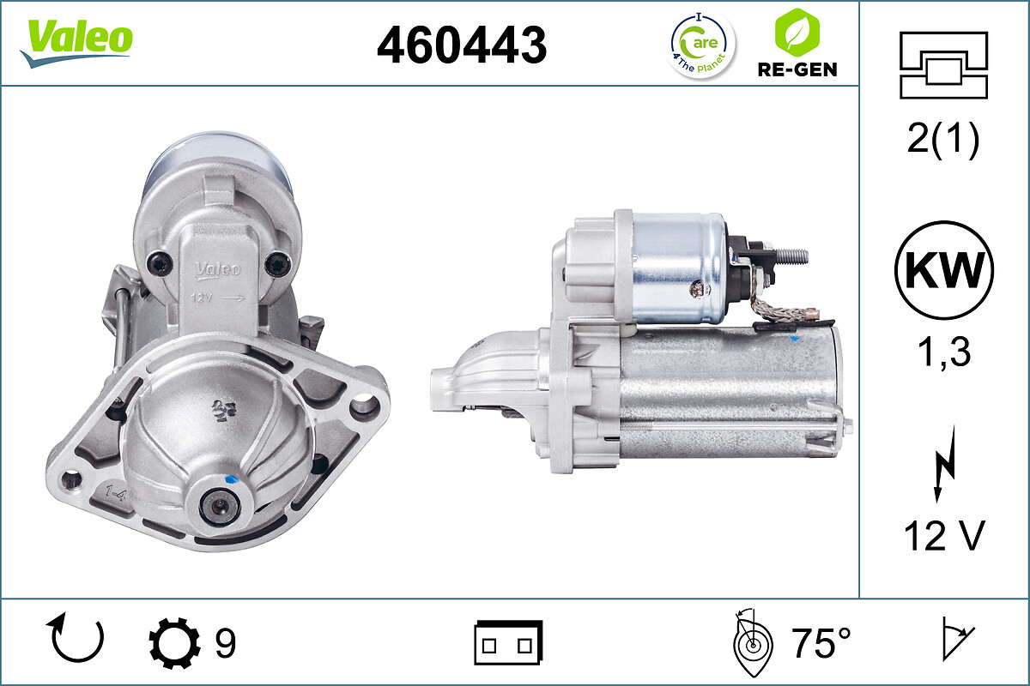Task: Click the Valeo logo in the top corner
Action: click(76, 41)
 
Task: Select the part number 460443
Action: click(462, 45)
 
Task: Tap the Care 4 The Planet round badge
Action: click(702, 45)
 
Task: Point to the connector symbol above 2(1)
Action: click(943, 65)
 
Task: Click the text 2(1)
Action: click(943, 141)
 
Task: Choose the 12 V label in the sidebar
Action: click(943, 537)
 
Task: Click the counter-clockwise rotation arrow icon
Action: click(78, 639)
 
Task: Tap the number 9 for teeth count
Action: click(225, 643)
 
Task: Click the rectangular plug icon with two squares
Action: click(508, 642)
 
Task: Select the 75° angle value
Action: click(820, 643)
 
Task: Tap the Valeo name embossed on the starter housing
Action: click(217, 270)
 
